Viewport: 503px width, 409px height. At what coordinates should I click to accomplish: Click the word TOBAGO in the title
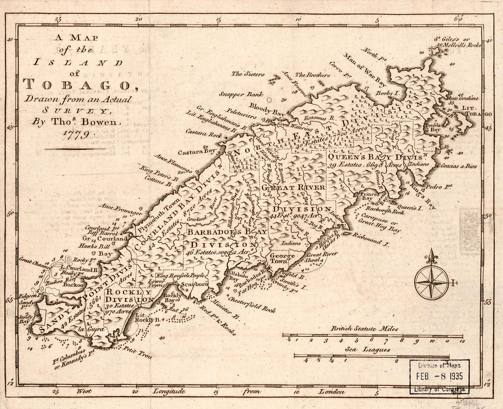[x=75, y=84]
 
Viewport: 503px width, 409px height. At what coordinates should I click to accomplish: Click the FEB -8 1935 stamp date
[x=439, y=377]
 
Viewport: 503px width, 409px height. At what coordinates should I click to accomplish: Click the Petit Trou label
[x=138, y=352]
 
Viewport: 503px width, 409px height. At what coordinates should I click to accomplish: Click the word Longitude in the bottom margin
[x=169, y=391]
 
